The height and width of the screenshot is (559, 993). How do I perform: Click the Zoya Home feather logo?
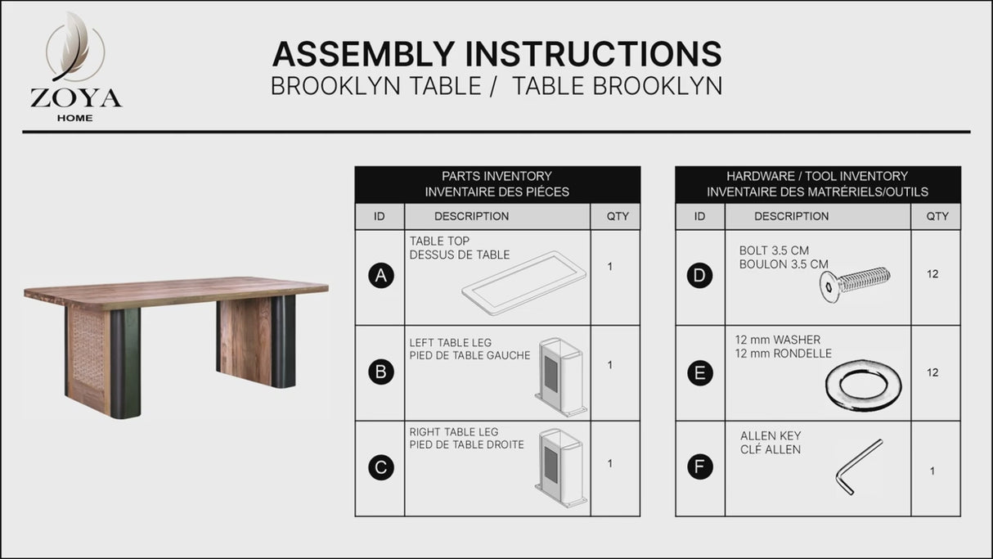point(74,53)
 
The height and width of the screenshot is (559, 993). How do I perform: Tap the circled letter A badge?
point(380,277)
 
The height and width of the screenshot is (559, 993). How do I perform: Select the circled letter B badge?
point(380,373)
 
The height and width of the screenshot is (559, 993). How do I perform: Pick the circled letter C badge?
point(380,468)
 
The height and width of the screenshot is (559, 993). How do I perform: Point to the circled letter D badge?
point(699,276)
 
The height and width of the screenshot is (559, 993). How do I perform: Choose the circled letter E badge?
point(699,373)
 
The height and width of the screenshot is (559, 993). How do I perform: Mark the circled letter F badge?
point(699,468)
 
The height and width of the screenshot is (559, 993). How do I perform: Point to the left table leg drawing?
point(560,377)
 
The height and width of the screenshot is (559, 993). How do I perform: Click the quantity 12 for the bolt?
point(932,274)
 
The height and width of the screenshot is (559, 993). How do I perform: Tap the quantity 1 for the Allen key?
point(932,471)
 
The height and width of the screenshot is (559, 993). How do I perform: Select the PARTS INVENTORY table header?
point(496,184)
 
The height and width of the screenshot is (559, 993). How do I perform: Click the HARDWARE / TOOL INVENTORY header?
point(817,184)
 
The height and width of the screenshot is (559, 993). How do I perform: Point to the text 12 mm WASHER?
point(777,340)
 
